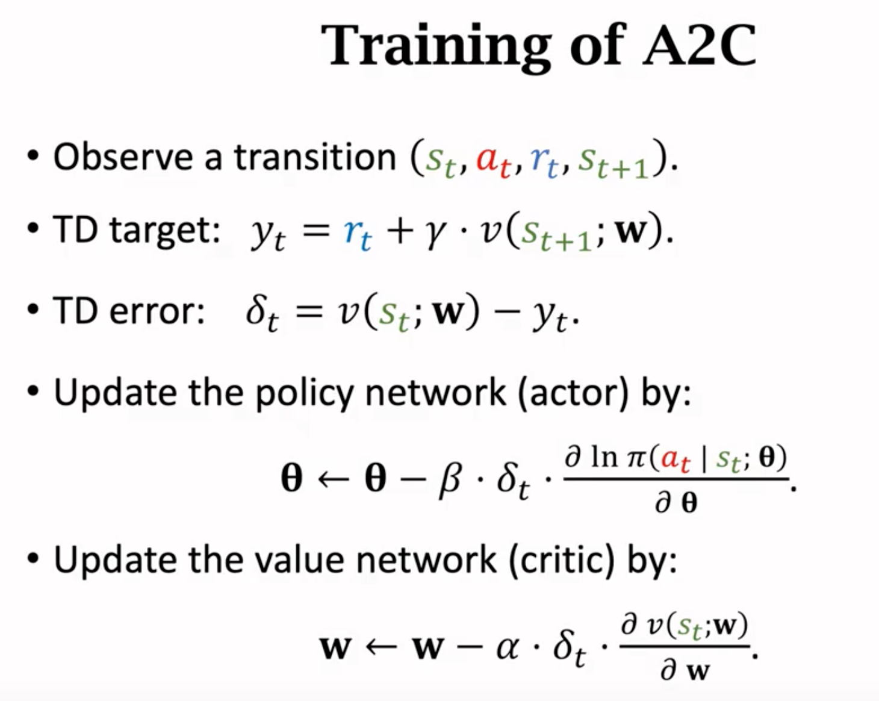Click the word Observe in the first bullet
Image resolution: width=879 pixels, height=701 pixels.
click(x=123, y=157)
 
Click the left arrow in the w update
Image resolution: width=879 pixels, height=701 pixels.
click(x=381, y=646)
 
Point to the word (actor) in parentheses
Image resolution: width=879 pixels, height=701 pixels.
click(x=573, y=393)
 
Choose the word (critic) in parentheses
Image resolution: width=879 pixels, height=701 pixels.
click(x=562, y=559)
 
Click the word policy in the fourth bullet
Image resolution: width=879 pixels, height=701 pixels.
click(x=304, y=393)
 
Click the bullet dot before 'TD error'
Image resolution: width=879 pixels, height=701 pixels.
click(x=33, y=310)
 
